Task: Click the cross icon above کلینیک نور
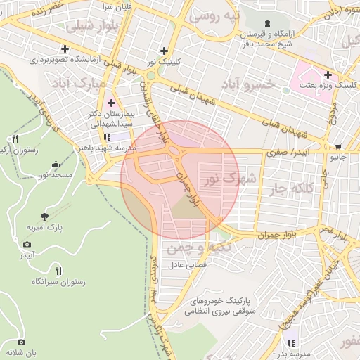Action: (x=165, y=51)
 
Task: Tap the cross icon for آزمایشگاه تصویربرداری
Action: (x=65, y=49)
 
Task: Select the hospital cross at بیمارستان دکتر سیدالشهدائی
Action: (x=111, y=103)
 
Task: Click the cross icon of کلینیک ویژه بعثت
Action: (x=328, y=75)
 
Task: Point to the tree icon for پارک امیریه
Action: (x=46, y=217)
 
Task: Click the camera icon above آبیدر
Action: (x=27, y=244)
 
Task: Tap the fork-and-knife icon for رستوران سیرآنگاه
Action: (x=58, y=270)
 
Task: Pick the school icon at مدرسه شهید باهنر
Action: (x=108, y=137)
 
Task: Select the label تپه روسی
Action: (x=238, y=15)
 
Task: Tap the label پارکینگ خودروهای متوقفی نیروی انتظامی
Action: (x=224, y=304)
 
